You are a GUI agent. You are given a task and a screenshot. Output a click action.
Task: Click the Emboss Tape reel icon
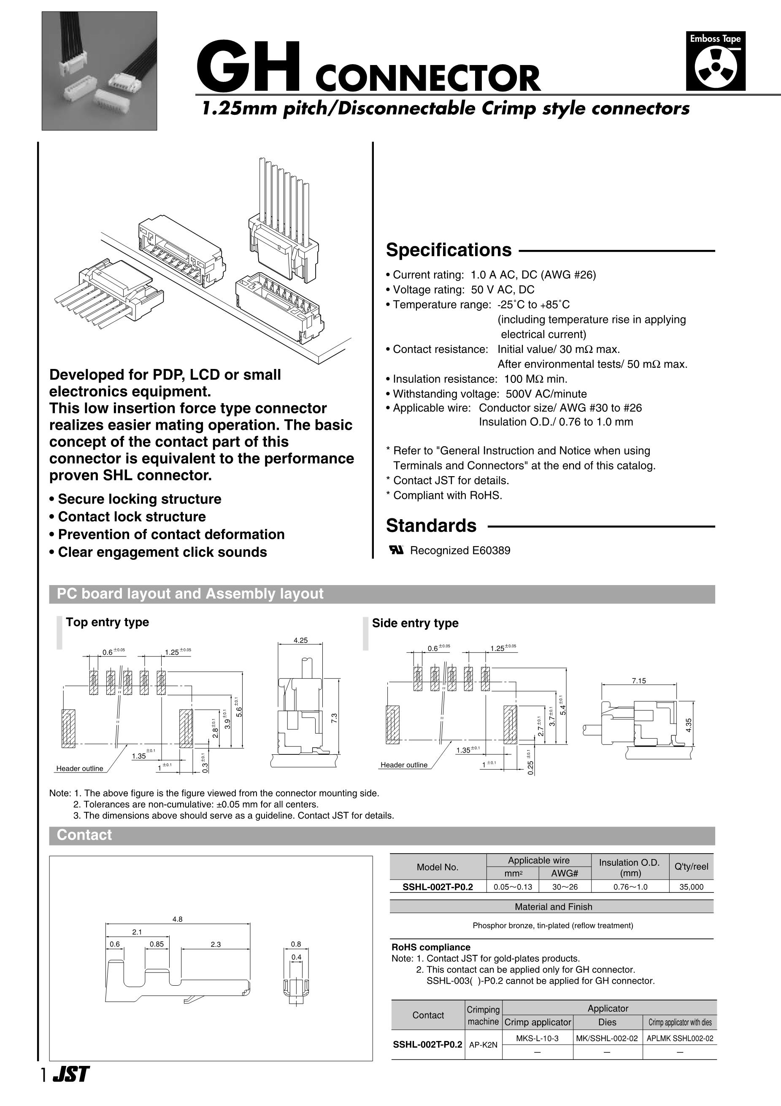point(716,68)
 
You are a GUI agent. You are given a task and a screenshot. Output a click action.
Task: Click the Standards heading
point(431,526)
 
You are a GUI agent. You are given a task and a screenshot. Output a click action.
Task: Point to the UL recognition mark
point(396,550)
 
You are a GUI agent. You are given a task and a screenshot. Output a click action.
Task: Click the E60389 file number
point(491,550)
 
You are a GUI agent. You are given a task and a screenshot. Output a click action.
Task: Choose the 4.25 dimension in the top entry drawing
point(300,640)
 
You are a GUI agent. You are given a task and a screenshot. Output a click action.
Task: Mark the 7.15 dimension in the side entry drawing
point(638,680)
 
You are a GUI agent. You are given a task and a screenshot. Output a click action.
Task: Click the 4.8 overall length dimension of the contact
point(177,919)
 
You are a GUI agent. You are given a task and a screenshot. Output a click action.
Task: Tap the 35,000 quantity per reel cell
point(691,887)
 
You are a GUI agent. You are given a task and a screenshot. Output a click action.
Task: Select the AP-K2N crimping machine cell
point(483,1045)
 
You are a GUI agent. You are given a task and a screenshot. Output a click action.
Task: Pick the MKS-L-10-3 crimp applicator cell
point(537,1038)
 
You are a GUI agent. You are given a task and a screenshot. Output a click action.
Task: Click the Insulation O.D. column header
point(630,867)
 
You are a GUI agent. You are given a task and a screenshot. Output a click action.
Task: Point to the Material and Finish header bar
point(553,907)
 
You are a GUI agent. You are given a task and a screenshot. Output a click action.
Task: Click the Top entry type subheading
point(107,622)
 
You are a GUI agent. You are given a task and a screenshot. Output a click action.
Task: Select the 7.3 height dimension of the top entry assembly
point(334,717)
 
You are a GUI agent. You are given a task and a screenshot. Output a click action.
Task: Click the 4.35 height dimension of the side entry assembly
point(689,725)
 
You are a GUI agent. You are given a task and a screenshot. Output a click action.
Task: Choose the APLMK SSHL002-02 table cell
point(679,1038)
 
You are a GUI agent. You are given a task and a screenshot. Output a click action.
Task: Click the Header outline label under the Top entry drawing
point(79,768)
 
